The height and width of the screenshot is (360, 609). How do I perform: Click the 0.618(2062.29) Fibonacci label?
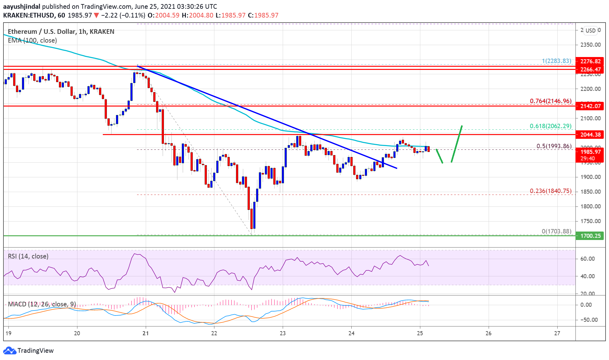[x=550, y=126]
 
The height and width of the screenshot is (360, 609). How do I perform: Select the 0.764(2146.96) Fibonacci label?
[x=550, y=101]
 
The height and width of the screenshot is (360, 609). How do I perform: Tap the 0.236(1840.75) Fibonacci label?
[x=550, y=191]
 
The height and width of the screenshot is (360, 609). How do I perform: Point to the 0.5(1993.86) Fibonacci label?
[x=554, y=146]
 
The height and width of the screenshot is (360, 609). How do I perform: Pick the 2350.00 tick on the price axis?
[x=590, y=45]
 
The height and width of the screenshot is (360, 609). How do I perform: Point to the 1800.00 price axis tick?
[x=590, y=206]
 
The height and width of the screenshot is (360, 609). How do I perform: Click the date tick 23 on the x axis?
[x=283, y=333]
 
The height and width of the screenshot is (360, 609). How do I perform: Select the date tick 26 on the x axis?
[x=488, y=333]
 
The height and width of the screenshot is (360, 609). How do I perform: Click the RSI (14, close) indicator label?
[x=28, y=256]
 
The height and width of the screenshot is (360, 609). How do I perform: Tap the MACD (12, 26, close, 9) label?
[x=42, y=304]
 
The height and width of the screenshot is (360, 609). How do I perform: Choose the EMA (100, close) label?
[x=32, y=40]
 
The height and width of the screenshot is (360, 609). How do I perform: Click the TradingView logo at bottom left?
[x=28, y=350]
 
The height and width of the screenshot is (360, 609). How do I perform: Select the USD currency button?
[x=591, y=30]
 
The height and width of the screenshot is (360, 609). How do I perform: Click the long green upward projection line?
[x=457, y=144]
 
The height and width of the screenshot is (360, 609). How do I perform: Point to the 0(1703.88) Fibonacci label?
[x=556, y=231]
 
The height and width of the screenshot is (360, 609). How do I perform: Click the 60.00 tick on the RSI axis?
[x=587, y=258]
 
